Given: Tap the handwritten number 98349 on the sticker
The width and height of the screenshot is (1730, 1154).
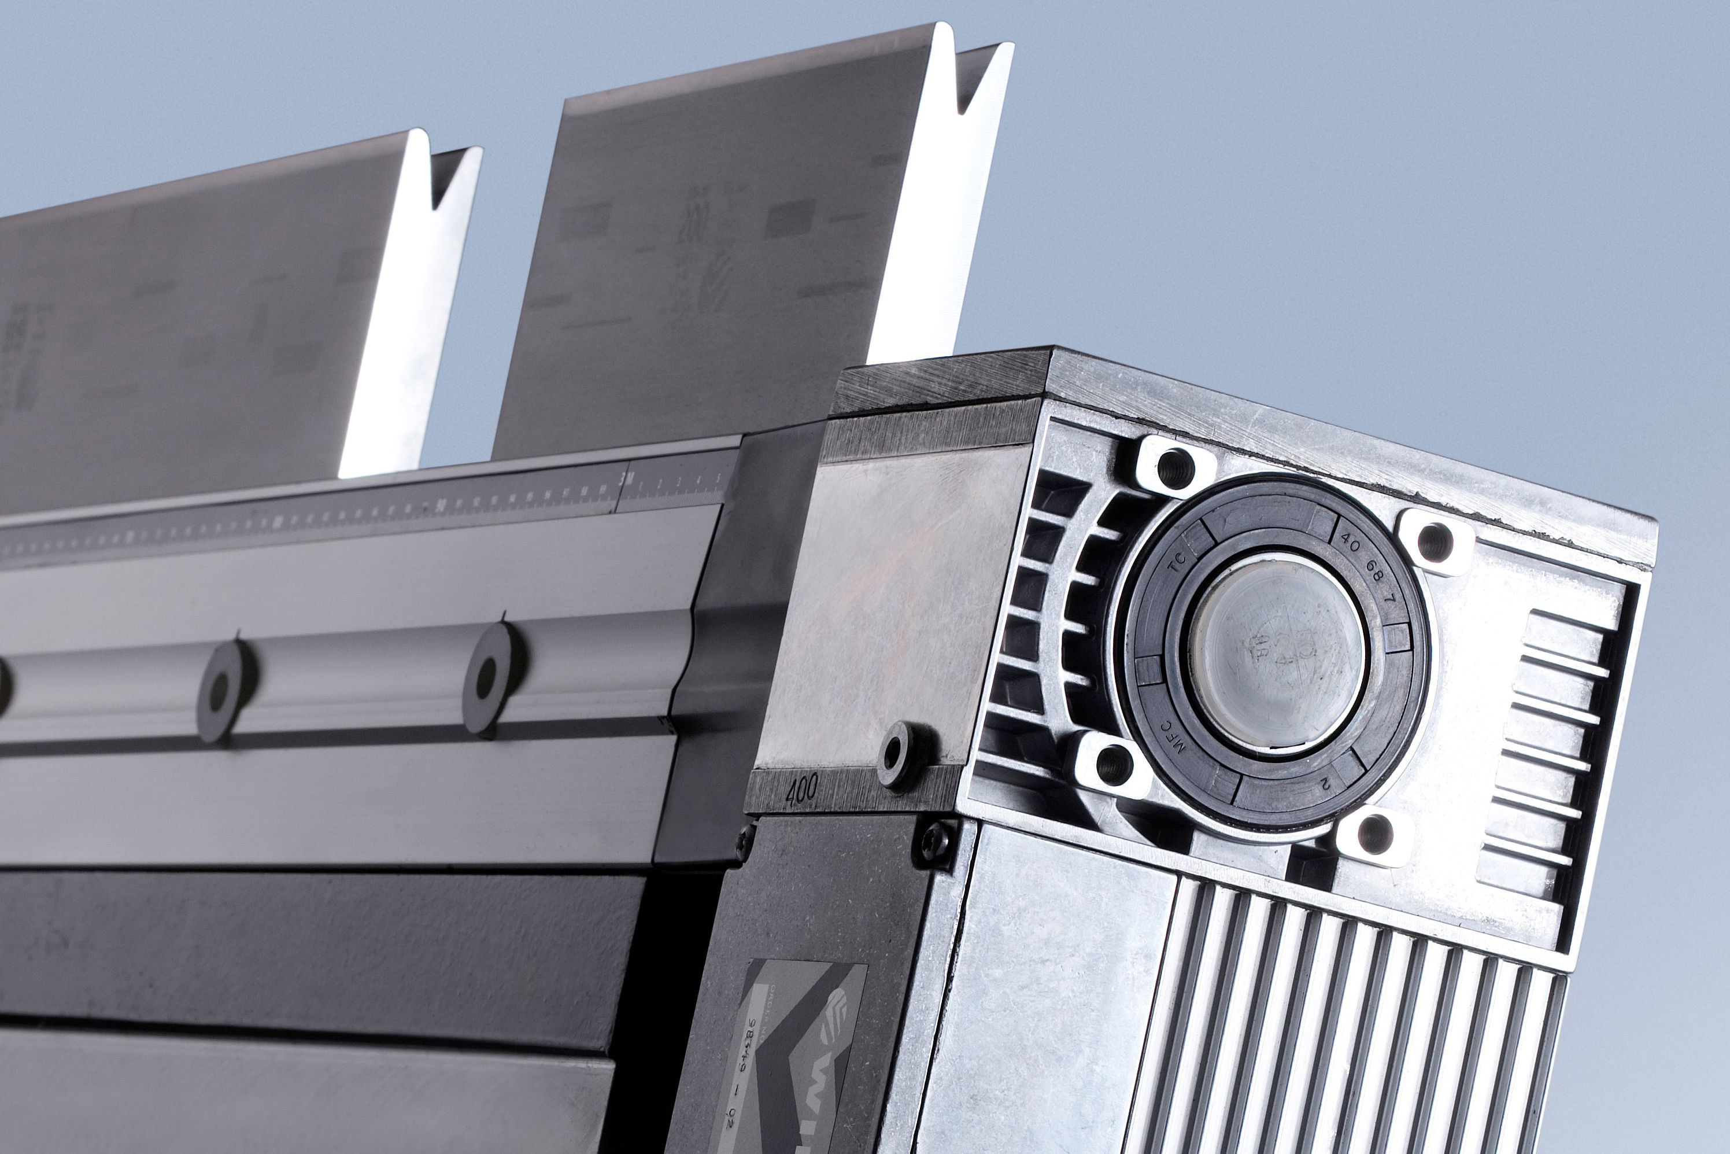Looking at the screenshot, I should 757,1038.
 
